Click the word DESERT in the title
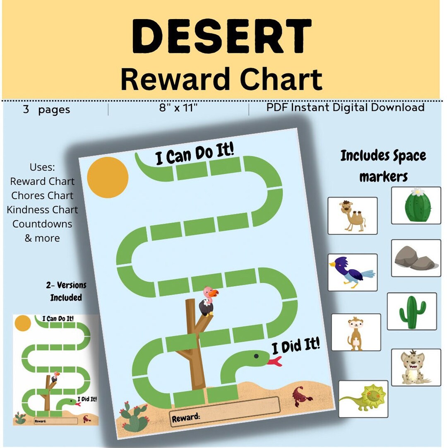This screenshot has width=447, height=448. [x=222, y=36]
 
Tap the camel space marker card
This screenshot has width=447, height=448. [x=352, y=216]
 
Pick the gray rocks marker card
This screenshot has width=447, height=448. [x=416, y=258]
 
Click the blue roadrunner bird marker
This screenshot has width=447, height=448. [x=352, y=272]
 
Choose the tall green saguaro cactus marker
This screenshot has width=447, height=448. [x=412, y=311]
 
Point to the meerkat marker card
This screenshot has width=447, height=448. [x=356, y=332]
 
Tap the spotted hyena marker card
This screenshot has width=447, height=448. [x=416, y=367]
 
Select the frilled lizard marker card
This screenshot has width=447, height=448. [x=363, y=399]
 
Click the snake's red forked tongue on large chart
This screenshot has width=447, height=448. [x=274, y=362]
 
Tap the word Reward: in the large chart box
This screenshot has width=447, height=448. [x=185, y=417]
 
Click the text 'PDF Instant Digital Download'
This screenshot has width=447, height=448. [x=345, y=108]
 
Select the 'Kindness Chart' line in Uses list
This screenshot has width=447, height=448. [x=42, y=210]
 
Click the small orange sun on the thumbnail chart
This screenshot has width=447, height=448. [x=22, y=323]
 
